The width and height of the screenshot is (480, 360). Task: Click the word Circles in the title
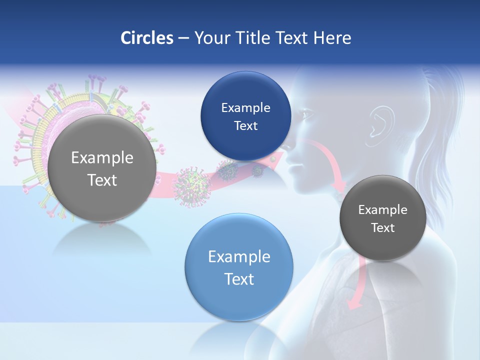point(146,38)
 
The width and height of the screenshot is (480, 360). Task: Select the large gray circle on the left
point(102,168)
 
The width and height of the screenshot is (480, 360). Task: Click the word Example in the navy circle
point(245,107)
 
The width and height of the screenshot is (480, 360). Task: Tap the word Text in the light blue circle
point(239,279)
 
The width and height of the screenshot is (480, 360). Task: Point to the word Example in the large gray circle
point(102,158)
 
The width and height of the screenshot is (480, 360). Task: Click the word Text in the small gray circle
point(383,228)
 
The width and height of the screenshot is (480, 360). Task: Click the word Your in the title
point(210,38)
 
